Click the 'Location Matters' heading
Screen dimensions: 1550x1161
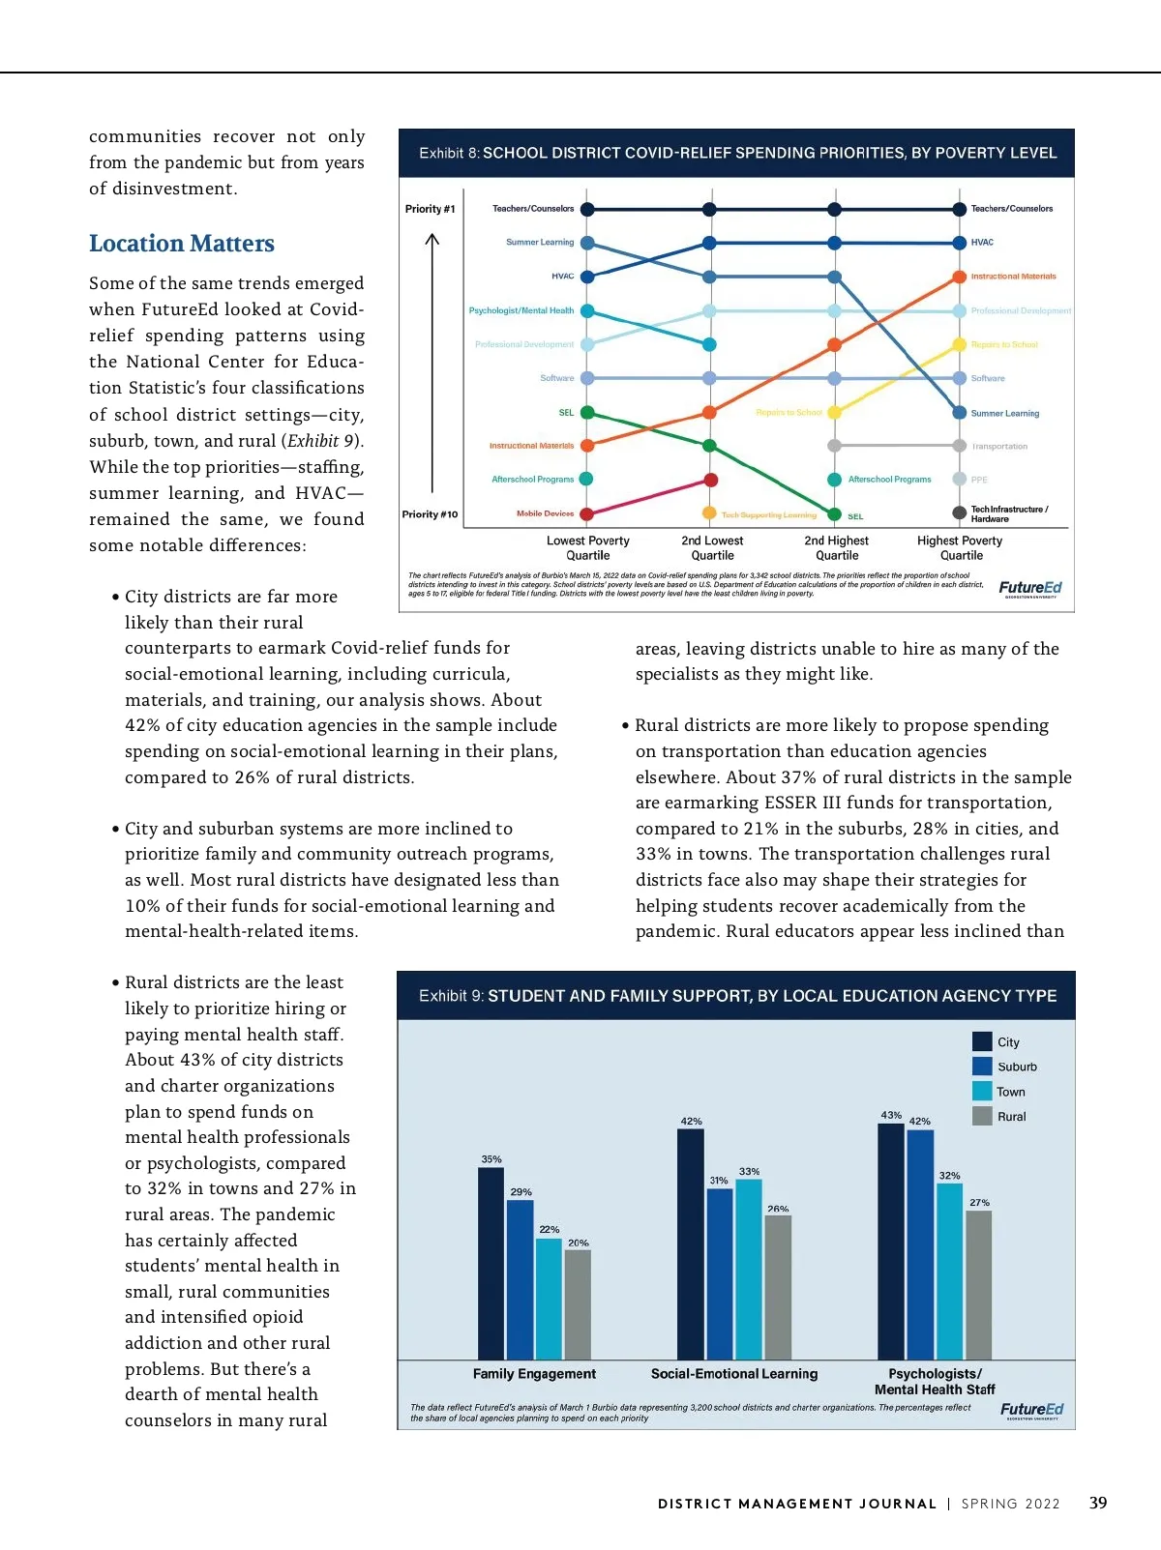coord(182,244)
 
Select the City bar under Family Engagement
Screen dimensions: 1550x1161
coord(491,1263)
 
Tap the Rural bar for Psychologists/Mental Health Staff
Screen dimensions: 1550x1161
coord(979,1285)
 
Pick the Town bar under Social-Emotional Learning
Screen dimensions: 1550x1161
coord(749,1269)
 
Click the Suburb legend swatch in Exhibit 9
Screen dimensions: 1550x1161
coord(982,1067)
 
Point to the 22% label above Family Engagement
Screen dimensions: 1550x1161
coord(549,1230)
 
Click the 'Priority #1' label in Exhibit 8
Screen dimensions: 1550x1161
coord(430,209)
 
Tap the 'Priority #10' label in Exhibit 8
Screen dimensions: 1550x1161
coord(430,514)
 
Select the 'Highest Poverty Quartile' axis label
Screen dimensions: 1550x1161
coord(960,548)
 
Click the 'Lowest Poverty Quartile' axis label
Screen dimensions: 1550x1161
coord(587,548)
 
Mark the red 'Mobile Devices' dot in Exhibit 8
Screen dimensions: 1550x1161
coord(587,514)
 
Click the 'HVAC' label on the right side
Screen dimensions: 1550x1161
coord(982,243)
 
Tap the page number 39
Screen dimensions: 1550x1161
coord(1098,1504)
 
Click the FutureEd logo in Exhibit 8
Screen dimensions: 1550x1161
coord(1029,588)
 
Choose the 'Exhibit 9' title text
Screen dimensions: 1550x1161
coord(737,996)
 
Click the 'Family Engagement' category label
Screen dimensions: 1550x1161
coord(534,1374)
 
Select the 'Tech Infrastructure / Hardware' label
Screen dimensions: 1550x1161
coord(1008,514)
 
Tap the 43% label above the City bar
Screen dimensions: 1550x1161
coord(891,1115)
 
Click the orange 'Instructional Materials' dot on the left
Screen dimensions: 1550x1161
coord(587,446)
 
